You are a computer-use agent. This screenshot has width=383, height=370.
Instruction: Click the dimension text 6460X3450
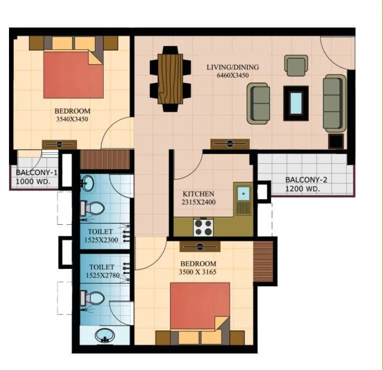[x=233, y=76]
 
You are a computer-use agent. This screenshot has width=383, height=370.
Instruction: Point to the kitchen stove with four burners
[x=203, y=228]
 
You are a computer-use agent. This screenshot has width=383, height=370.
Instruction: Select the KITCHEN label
[x=198, y=194]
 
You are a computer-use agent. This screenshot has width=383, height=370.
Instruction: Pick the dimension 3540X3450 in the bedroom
[x=72, y=119]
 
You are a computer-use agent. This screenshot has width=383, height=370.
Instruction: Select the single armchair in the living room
[x=295, y=65]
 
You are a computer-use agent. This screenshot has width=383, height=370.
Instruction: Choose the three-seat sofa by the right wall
[x=334, y=103]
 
